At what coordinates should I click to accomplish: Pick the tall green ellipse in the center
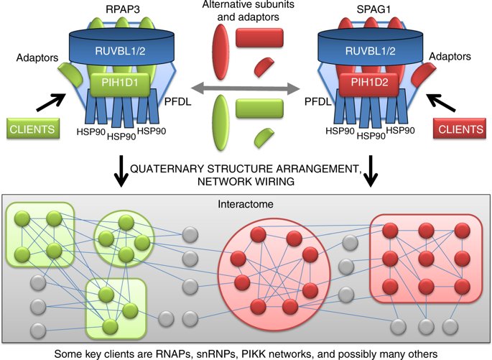coord(221,121)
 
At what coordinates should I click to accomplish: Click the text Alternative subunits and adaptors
coord(246,13)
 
